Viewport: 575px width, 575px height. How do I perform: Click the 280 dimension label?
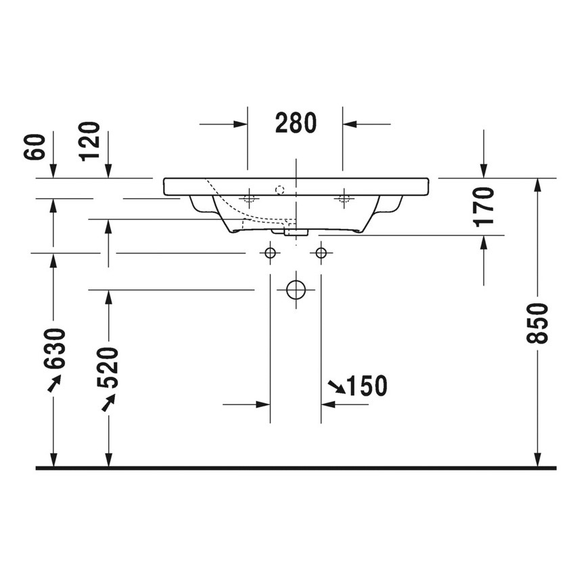coord(296,123)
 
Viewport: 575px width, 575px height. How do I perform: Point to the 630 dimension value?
coord(53,349)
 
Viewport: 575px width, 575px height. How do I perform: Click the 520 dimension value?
coord(108,367)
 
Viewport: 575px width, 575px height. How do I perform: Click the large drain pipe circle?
coord(296,290)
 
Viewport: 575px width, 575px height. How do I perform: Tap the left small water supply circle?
coord(270,253)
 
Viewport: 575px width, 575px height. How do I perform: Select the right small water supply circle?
coord(321,253)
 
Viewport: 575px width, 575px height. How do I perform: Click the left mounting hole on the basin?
coord(248,198)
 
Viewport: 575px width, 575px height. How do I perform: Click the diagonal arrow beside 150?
coord(336,387)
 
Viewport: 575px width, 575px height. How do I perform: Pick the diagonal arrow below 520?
coord(107,402)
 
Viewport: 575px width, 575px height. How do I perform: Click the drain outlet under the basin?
coord(296,231)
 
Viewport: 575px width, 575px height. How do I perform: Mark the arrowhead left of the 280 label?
coord(240,124)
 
